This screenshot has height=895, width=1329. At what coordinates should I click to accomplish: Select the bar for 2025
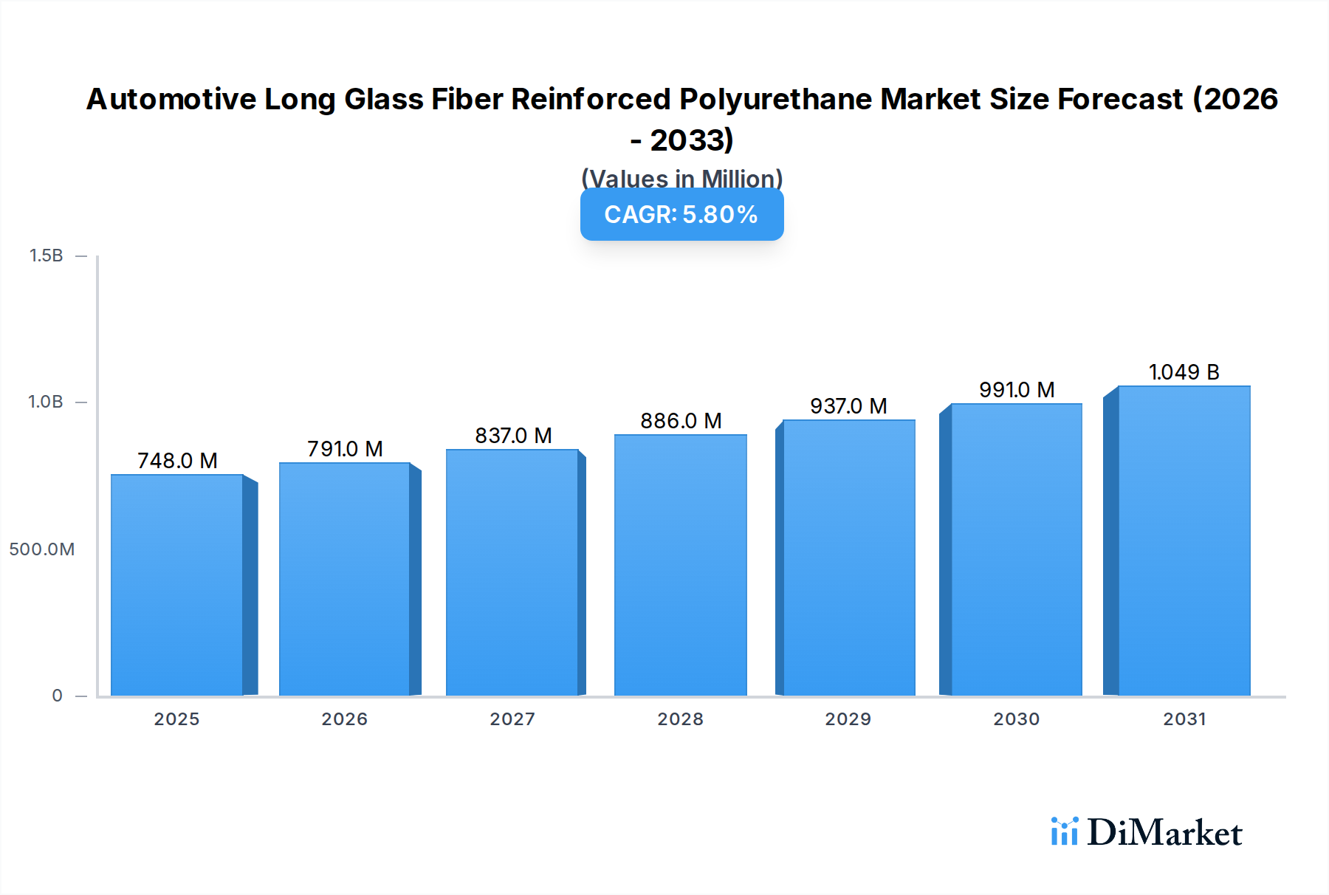point(177,585)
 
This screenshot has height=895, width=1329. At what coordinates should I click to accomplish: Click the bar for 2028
point(680,565)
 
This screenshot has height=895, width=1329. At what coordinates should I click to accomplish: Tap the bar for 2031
point(1184,541)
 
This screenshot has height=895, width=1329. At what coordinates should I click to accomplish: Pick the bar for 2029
point(848,558)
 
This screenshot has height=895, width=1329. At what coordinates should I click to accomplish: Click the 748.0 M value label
point(177,461)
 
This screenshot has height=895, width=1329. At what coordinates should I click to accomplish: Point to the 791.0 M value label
point(345,449)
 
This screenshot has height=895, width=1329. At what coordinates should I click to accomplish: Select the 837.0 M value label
point(513,436)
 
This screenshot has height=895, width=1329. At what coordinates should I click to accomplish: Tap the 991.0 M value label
point(1017,390)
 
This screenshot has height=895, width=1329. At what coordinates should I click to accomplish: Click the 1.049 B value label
point(1184,372)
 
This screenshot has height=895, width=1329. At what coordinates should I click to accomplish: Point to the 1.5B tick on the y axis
point(46,256)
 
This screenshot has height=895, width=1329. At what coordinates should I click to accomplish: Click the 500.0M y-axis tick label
point(42,549)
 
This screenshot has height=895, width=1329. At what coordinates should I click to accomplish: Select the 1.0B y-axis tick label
point(46,402)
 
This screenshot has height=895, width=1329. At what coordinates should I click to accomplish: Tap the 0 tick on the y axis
point(57,696)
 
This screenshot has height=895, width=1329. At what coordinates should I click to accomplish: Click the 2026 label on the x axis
point(344,719)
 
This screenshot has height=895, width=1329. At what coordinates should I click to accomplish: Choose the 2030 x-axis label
point(1016,719)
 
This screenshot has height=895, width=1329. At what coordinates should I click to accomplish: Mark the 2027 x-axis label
point(512,719)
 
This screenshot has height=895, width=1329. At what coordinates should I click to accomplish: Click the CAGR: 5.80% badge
point(681,214)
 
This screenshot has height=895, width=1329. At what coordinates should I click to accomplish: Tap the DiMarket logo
point(1147,832)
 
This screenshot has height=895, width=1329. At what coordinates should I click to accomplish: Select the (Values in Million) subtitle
point(681,178)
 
